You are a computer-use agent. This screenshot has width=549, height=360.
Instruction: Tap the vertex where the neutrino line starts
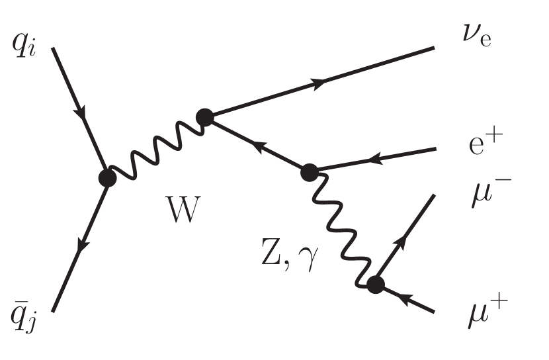pyautogui.click(x=205, y=118)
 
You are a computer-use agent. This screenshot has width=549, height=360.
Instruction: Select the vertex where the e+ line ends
pyautogui.click(x=309, y=173)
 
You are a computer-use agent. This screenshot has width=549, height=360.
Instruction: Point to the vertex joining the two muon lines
pyautogui.click(x=375, y=285)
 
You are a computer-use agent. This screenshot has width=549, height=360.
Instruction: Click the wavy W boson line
pyautogui.click(x=156, y=150)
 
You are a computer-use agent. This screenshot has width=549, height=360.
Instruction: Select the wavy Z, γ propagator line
pyautogui.click(x=341, y=229)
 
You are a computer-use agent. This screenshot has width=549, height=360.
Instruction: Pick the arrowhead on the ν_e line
pyautogui.click(x=319, y=83)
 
